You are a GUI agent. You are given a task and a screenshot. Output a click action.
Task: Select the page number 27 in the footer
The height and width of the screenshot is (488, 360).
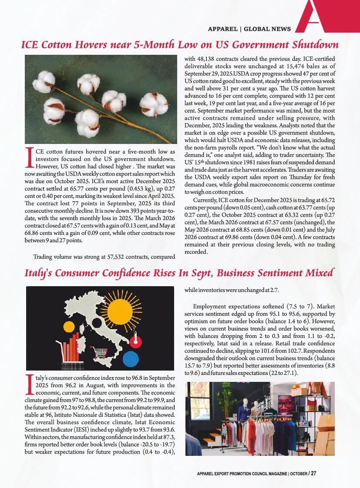point(313,474)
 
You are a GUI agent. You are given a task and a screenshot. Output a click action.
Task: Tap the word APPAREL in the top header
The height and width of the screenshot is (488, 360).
point(222,29)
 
